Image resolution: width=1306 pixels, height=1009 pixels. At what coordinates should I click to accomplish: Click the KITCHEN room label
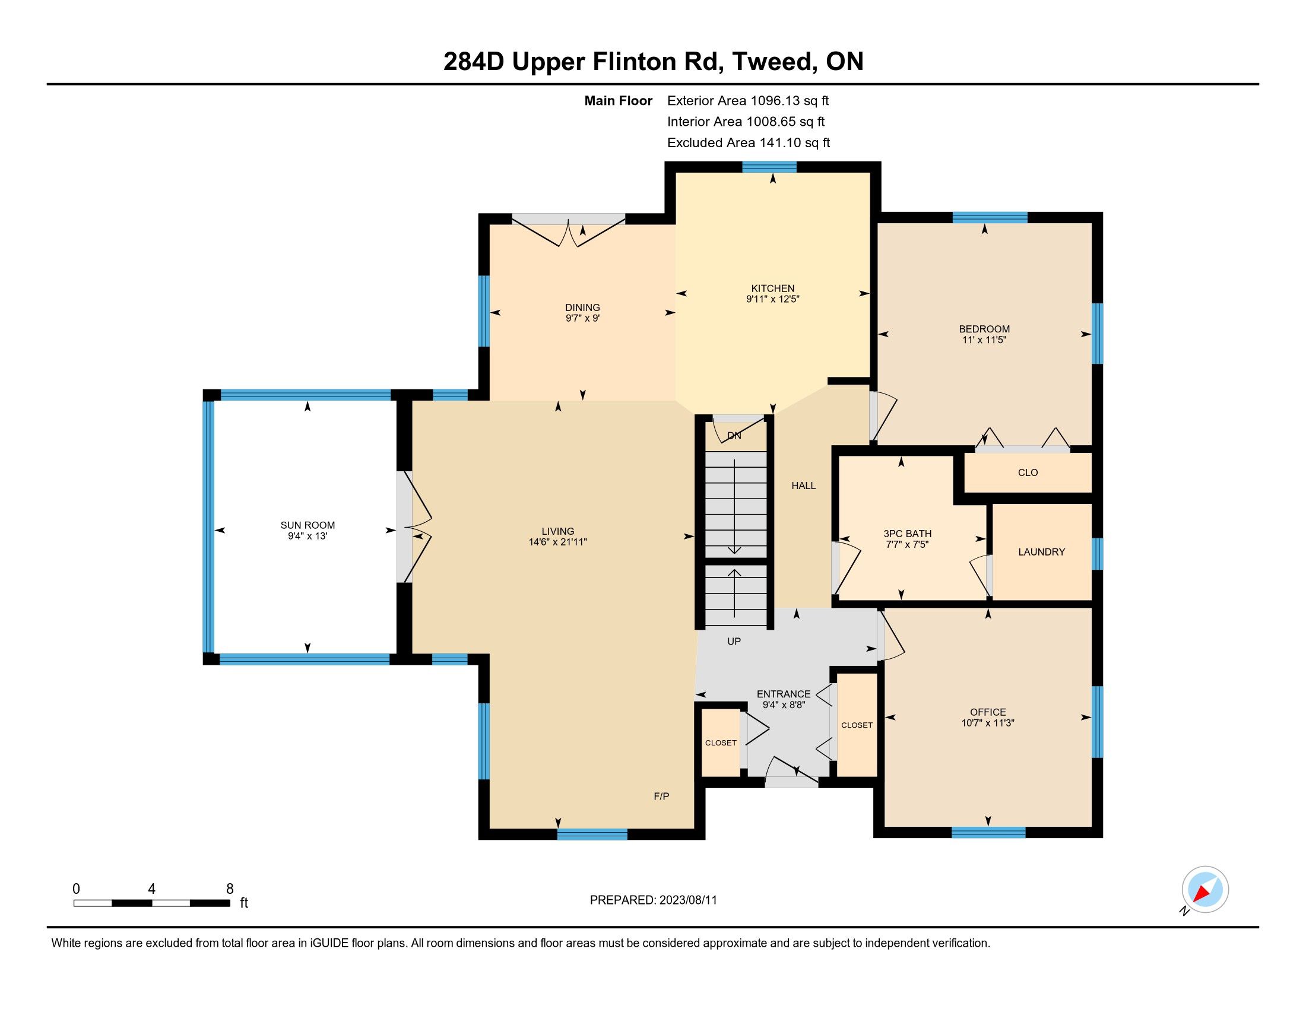(x=772, y=288)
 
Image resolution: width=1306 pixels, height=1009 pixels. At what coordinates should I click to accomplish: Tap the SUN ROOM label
(x=308, y=525)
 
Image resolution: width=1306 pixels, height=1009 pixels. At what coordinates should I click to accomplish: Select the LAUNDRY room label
(x=1042, y=552)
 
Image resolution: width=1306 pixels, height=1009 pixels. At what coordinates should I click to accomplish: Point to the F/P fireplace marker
(x=661, y=796)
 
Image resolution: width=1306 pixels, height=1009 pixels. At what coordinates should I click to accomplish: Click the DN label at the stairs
(x=734, y=436)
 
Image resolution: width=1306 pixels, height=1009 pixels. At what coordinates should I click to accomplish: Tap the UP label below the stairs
(x=734, y=642)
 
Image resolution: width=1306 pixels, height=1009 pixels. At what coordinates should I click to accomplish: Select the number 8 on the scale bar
(x=230, y=889)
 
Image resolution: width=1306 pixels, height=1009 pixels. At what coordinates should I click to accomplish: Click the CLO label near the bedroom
(x=1028, y=472)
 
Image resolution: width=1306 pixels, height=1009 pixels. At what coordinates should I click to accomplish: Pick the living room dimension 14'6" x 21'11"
(x=558, y=542)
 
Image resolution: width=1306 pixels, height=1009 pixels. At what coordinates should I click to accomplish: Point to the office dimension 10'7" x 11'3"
(x=988, y=723)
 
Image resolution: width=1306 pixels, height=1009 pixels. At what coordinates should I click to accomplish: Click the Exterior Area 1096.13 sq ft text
(x=748, y=100)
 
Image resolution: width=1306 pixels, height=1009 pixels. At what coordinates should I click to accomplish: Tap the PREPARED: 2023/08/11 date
(x=654, y=900)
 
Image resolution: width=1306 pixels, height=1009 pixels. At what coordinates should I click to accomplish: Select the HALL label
(x=804, y=486)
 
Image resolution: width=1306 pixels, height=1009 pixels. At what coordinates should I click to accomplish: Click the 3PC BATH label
(x=908, y=534)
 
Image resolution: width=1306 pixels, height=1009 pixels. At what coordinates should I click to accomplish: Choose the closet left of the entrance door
(x=721, y=743)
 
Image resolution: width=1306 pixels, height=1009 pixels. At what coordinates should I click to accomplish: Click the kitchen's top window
(x=769, y=167)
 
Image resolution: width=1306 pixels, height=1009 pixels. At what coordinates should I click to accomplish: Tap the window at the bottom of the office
(x=988, y=832)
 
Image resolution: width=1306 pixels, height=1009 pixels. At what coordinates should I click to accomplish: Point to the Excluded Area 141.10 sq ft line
(x=749, y=142)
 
